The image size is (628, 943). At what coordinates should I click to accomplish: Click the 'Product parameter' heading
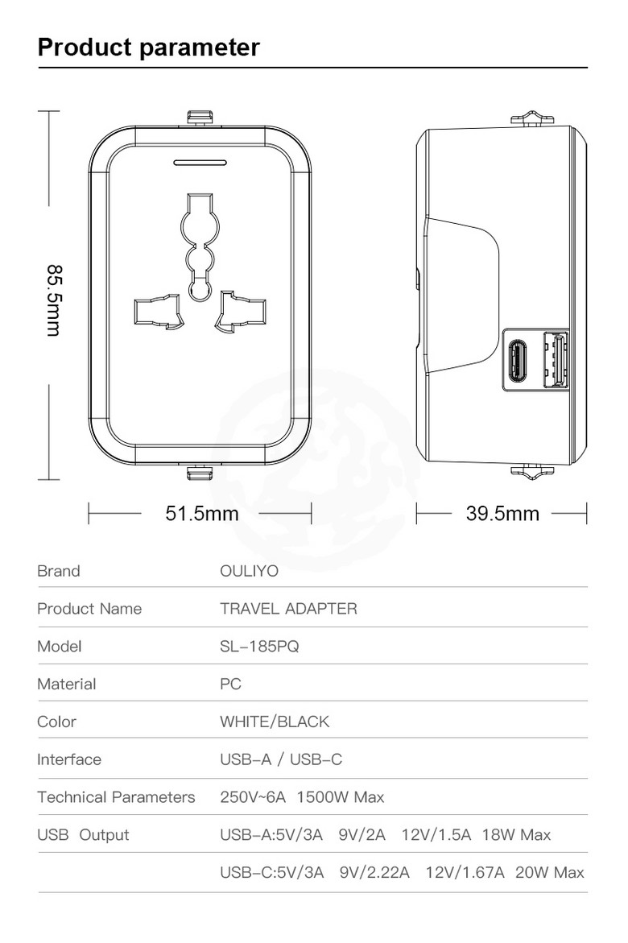click(x=149, y=47)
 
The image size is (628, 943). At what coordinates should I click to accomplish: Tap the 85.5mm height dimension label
click(x=54, y=300)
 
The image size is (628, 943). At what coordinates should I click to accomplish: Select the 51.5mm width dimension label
click(x=202, y=513)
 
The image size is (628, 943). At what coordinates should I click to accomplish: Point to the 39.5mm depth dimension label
click(x=502, y=513)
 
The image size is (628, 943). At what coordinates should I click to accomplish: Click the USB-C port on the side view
click(x=518, y=361)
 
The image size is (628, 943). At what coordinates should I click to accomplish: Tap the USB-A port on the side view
click(x=556, y=360)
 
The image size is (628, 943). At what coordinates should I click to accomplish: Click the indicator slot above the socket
click(x=200, y=163)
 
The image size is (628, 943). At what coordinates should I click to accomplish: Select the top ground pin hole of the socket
click(x=200, y=246)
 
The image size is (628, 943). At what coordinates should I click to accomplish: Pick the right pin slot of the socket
click(x=241, y=312)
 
